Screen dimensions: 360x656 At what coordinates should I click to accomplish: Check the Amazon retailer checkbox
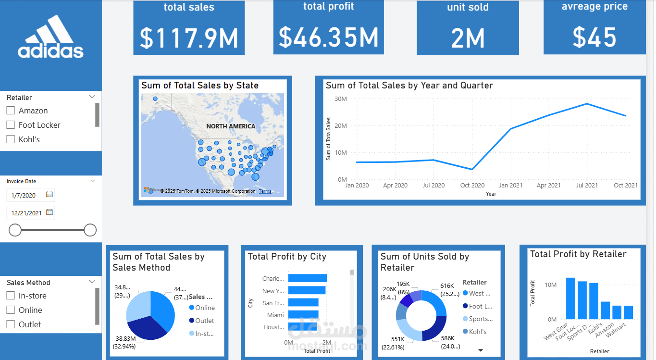(x=11, y=111)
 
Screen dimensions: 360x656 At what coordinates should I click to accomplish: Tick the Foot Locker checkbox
(x=11, y=125)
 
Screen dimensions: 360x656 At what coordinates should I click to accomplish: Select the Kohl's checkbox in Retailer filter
(x=11, y=139)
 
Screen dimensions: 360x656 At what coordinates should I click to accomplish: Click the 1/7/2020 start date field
(x=24, y=195)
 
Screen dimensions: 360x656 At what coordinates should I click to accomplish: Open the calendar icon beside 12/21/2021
(x=49, y=212)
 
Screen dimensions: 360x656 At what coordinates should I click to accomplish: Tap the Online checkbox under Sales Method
(x=11, y=310)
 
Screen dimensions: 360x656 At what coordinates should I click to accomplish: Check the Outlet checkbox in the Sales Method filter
(x=11, y=324)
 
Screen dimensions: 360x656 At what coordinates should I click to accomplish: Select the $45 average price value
(x=594, y=37)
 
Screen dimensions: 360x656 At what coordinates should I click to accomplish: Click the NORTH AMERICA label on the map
(x=231, y=126)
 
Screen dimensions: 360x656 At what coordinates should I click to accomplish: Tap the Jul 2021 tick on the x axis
(x=587, y=186)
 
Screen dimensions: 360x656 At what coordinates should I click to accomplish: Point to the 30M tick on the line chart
(x=341, y=99)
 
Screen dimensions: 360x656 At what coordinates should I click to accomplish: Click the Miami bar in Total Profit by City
(x=303, y=315)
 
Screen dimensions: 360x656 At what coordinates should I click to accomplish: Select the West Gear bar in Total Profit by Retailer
(x=570, y=298)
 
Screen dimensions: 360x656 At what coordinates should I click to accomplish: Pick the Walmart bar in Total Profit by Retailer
(x=628, y=312)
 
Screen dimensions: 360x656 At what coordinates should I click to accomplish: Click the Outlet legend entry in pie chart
(x=204, y=321)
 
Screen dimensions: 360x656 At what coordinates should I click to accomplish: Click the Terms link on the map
(x=265, y=191)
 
